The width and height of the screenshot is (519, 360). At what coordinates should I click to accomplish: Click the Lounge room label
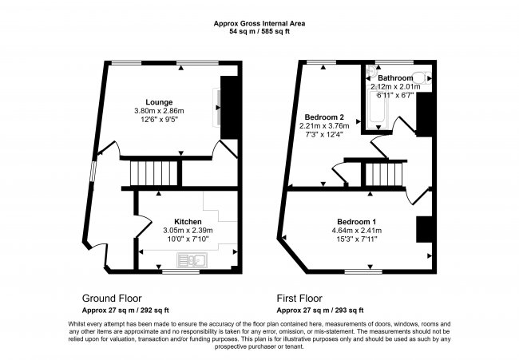pyautogui.click(x=159, y=102)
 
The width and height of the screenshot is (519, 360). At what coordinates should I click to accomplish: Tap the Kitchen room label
pyautogui.click(x=188, y=222)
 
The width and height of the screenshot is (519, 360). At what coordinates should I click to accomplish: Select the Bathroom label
pyautogui.click(x=395, y=78)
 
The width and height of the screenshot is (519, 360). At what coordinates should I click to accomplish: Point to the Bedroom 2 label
pyautogui.click(x=324, y=117)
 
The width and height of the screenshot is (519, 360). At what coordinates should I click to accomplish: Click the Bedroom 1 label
pyautogui.click(x=356, y=222)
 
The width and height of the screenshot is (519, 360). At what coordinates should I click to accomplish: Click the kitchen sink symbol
pyautogui.click(x=192, y=259)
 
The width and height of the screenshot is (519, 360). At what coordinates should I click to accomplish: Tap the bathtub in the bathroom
pyautogui.click(x=378, y=106)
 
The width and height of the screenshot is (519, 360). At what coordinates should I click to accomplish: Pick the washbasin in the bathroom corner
pyautogui.click(x=370, y=70)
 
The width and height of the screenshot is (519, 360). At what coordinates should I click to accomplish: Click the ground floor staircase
pyautogui.click(x=154, y=173)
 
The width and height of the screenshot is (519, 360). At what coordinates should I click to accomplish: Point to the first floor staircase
pyautogui.click(x=384, y=174)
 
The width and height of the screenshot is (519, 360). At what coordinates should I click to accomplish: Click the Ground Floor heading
pyautogui.click(x=112, y=299)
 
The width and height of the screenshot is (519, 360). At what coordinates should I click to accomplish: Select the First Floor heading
pyautogui.click(x=299, y=299)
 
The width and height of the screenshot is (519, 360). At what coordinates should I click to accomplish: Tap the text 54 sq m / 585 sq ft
pyautogui.click(x=259, y=32)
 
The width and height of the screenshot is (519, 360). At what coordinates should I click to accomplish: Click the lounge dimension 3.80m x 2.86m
pyautogui.click(x=159, y=111)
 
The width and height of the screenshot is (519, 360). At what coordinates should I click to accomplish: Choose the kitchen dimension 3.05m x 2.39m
pyautogui.click(x=188, y=231)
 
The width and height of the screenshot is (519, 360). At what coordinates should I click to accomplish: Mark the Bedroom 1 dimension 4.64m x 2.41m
pyautogui.click(x=356, y=231)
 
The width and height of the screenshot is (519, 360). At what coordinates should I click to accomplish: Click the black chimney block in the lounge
pyautogui.click(x=229, y=108)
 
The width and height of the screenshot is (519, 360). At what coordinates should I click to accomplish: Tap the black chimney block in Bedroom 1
pyautogui.click(x=424, y=229)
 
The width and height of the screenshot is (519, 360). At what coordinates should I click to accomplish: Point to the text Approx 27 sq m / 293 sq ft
pyautogui.click(x=320, y=311)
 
